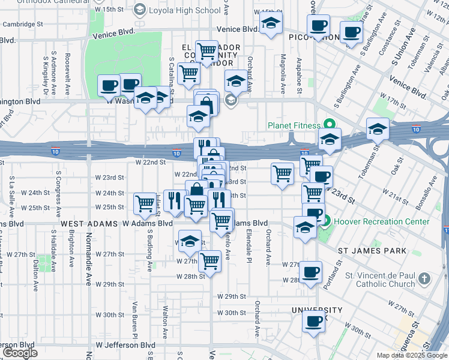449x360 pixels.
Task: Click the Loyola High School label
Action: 185,10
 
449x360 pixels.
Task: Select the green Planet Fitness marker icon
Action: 328,125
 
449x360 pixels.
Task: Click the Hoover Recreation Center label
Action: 382,221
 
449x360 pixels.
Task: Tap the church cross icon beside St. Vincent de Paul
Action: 424,279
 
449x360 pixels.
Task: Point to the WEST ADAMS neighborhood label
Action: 90,223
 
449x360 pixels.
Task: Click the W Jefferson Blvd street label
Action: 126,346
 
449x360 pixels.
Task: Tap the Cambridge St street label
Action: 23,24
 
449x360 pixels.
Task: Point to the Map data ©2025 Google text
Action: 412,355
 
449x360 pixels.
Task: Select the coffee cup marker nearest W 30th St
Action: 313,321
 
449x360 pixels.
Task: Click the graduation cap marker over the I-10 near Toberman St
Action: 378,128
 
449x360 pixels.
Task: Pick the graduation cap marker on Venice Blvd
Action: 271,25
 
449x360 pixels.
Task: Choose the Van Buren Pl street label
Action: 136,317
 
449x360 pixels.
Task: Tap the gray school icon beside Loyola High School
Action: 139,10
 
